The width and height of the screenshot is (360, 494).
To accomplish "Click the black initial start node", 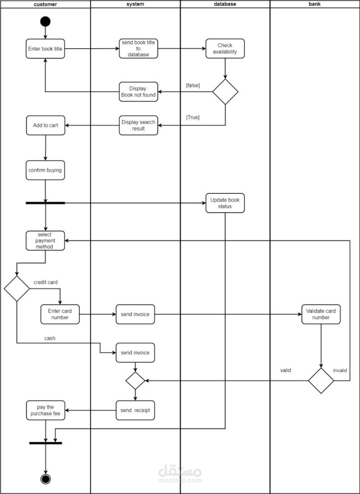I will coord(45,21).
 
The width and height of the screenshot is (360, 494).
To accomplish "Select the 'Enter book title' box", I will coord(45,49).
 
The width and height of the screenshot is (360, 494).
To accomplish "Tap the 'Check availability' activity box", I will coord(225,49).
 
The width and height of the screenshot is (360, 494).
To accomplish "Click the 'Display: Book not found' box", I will coord(139,92).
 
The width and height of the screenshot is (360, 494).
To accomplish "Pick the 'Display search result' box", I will coord(139,126).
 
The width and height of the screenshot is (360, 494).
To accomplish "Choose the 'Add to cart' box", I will coord(45,126).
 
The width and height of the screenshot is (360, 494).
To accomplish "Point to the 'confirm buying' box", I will coord(45,171).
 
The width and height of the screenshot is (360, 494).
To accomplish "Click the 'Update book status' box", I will coord(225,203).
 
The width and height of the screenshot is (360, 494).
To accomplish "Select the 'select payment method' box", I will coord(45,241).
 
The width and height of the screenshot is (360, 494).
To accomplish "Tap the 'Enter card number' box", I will coord(60,314).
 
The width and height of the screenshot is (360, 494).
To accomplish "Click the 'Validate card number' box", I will coord(321,314).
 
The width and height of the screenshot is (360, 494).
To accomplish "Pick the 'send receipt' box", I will coord(135,410).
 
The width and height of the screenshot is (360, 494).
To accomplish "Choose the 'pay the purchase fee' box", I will coord(45,410).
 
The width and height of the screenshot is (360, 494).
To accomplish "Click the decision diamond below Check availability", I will coord(225,92).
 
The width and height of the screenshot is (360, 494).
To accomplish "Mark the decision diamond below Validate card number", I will coord(321,381).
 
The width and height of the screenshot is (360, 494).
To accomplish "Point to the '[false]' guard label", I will coord(193,85).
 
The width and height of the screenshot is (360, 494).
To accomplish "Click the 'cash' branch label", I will coord(50,338).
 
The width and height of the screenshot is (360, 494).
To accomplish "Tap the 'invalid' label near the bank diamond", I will coord(340,370).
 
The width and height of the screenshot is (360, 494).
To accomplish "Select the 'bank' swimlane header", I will coord(315,4).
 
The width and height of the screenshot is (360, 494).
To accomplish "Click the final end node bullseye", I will coord(45,479).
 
